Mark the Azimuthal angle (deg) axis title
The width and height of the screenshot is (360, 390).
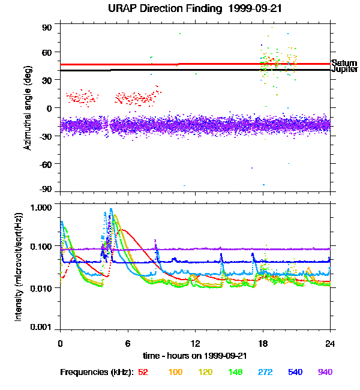click(28, 109)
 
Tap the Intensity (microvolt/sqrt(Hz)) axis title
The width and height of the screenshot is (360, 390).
click(19, 267)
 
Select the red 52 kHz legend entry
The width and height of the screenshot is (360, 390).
click(143, 373)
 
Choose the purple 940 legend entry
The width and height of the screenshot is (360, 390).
click(325, 373)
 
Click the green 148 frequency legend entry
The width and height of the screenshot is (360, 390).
click(235, 373)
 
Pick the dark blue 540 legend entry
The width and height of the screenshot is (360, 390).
click(295, 373)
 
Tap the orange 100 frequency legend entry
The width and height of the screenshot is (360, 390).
click(175, 373)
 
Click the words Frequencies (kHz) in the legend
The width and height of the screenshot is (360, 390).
click(97, 373)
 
